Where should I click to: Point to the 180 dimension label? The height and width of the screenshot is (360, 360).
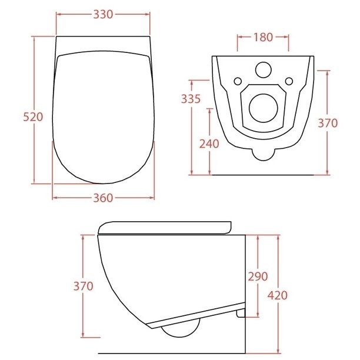263,37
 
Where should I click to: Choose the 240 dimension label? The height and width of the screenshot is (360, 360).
209,144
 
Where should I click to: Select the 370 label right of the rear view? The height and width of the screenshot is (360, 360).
328,123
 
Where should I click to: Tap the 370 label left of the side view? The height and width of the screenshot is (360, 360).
83,286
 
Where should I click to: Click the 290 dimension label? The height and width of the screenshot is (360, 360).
258,276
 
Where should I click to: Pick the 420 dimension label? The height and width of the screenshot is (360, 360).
278,295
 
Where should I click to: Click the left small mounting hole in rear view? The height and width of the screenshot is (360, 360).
238,81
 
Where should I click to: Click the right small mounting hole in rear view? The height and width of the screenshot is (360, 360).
288,81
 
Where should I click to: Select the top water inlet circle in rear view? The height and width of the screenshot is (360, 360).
263,70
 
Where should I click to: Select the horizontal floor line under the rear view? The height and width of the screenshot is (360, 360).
263,175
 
